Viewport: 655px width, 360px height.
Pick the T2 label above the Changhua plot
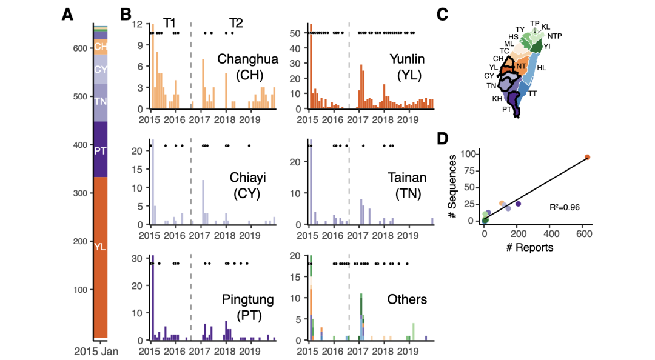236,23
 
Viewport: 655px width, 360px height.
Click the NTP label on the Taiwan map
554,36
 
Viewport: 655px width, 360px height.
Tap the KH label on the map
497,98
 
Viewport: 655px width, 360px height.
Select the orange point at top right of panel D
587,157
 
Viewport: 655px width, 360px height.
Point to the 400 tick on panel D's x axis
551,232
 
